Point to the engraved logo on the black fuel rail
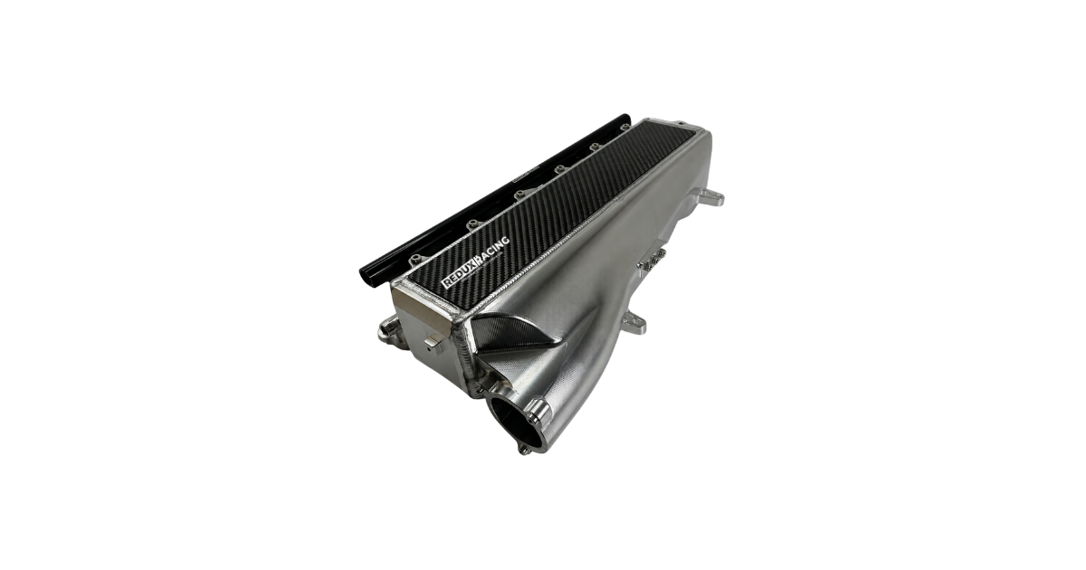(525, 173)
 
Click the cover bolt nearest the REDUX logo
(416, 259)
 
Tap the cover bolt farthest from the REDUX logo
(624, 128)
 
